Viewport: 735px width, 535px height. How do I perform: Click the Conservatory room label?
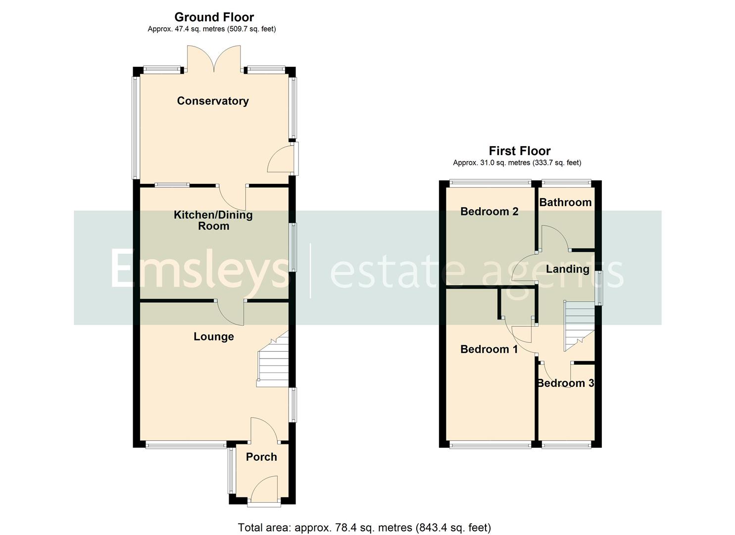[213, 101]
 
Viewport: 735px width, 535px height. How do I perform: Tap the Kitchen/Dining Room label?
[213, 220]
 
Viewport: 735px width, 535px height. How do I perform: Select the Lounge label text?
[213, 337]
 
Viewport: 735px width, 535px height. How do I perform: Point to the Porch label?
[261, 457]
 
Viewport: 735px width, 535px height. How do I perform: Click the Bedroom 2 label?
[489, 212]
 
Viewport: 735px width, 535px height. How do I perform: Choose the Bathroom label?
[565, 203]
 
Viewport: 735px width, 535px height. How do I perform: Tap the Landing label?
[567, 269]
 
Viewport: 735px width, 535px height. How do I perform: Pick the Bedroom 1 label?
[489, 350]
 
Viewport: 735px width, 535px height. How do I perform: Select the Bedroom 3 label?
[565, 383]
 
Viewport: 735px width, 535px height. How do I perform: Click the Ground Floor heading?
[214, 17]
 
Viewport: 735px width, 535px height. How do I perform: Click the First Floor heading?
[519, 151]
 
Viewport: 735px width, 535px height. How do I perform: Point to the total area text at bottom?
[364, 528]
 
